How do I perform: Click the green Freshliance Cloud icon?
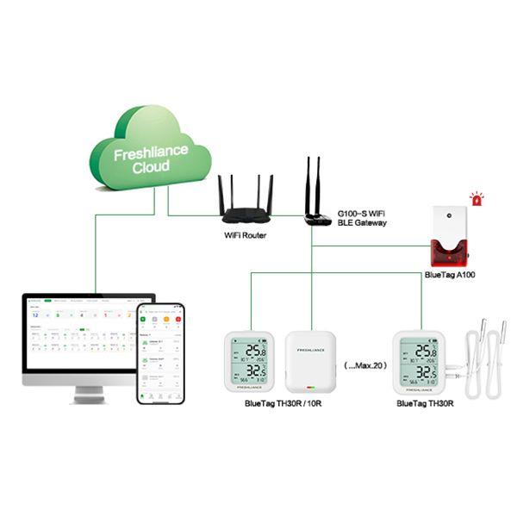pos(152,155)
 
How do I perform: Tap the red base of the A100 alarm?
pos(447,252)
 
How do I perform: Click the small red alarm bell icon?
pos(477,199)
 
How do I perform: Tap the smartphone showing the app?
pos(160,352)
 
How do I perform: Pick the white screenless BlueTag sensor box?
pos(309,363)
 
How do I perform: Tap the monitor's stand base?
pos(89,399)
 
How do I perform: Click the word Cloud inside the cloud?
pos(151,168)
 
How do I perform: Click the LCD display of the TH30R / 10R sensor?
pos(249,362)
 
